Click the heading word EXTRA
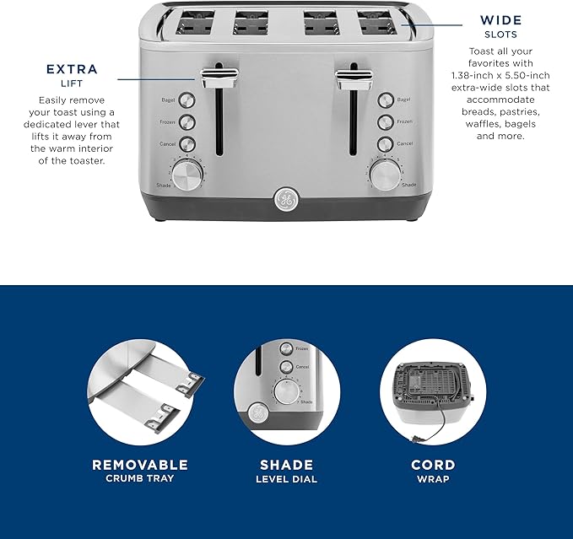point(72,69)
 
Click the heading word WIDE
point(500,19)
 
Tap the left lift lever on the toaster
point(218,78)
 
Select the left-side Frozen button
point(186,122)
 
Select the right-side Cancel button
point(386,143)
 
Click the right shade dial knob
point(385,175)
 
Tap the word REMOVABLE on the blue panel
point(140,465)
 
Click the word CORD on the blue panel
point(433,465)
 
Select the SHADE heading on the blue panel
point(286,465)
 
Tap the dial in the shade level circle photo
point(287,393)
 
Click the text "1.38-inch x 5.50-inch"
point(500,75)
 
